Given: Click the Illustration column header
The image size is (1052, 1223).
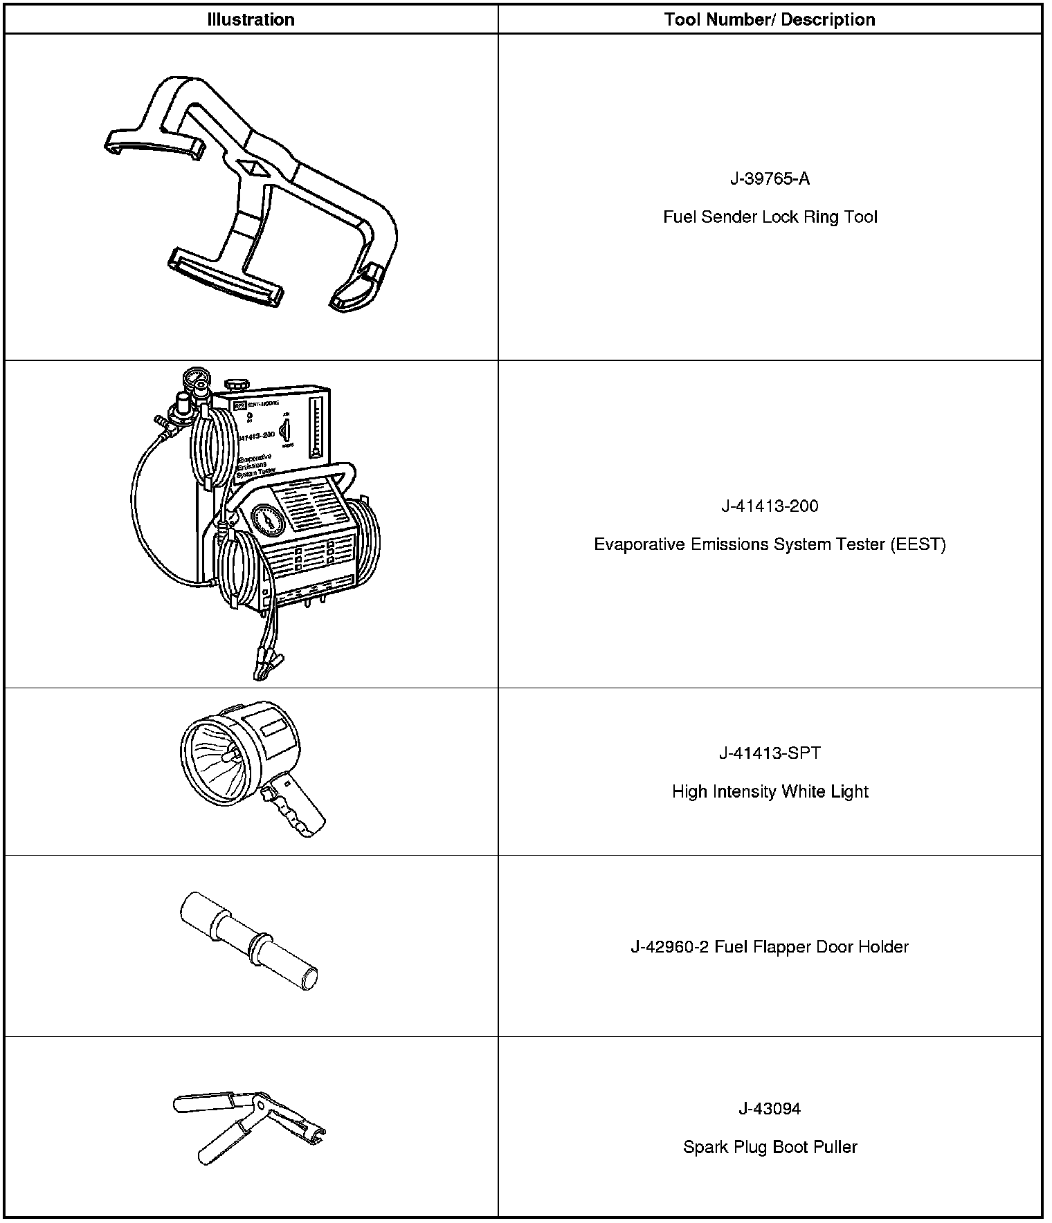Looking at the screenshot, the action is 251,19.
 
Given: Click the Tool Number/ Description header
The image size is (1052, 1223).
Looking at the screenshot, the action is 770,19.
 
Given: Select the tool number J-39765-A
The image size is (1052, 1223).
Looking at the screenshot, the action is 770,179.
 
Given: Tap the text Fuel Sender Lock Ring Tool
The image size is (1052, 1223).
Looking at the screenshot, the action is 770,217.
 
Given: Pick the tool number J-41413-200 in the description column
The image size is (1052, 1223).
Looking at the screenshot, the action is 770,506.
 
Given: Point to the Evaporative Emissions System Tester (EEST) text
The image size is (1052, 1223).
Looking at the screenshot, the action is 770,544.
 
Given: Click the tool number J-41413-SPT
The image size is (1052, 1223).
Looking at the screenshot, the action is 770,753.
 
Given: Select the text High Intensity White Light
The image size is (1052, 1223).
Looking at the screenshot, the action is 770,791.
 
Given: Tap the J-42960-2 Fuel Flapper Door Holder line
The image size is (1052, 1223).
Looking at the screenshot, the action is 770,946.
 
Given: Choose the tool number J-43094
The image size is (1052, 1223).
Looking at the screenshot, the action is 770,1109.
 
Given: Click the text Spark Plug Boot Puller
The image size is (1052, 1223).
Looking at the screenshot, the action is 770,1147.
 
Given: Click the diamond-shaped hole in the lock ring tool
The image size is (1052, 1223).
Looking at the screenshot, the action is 251,168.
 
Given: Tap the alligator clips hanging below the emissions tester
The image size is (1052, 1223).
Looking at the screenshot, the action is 266,668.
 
